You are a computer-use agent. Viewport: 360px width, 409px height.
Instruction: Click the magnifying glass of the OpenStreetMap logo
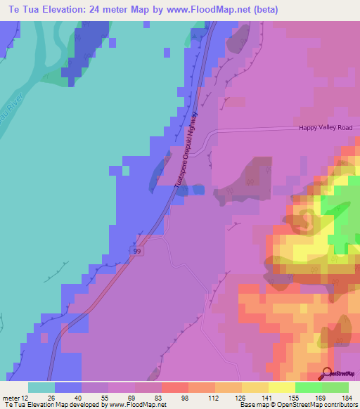click(x=328, y=373)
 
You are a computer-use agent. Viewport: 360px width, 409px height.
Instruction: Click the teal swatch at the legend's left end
click(x=41, y=387)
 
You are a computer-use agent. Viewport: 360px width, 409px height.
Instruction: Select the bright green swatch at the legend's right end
click(x=335, y=387)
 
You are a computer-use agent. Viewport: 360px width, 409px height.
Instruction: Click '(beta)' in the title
click(x=264, y=10)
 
